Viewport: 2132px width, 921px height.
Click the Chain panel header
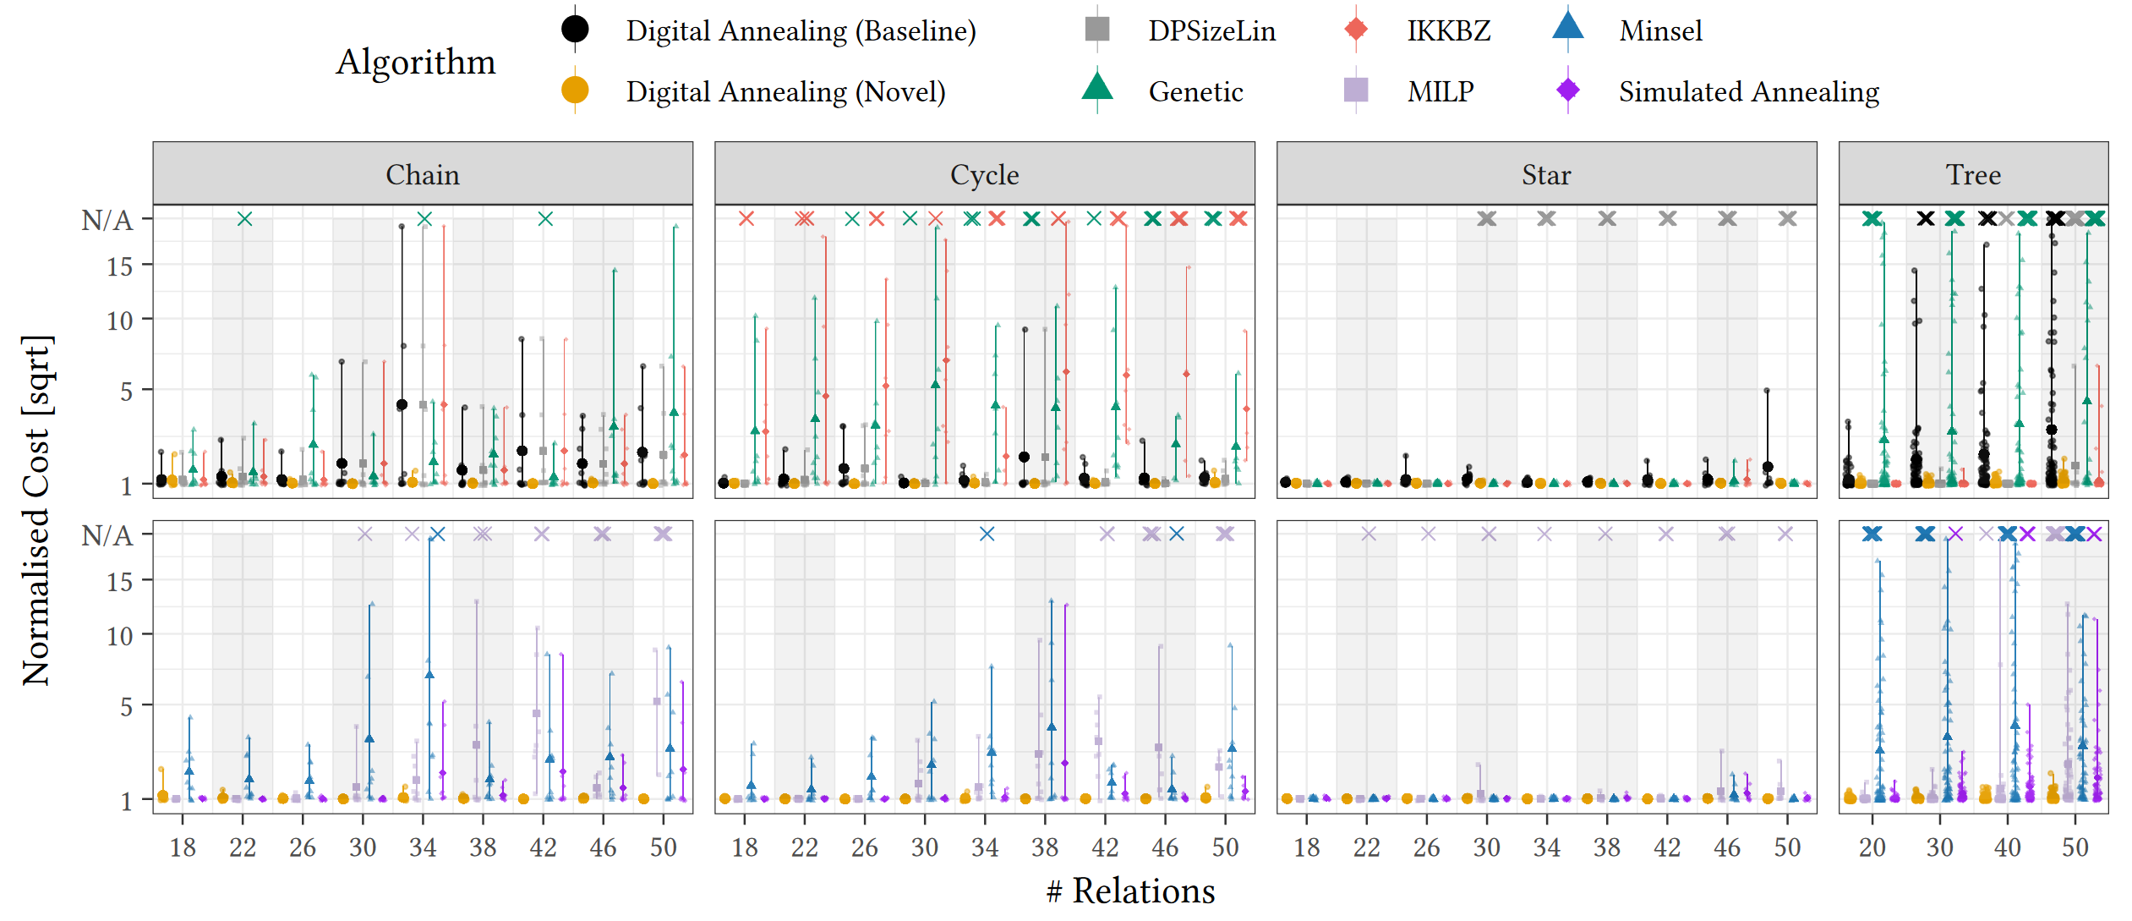[423, 174]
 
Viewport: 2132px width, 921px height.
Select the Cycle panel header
[984, 174]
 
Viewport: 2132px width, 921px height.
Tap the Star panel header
[1546, 174]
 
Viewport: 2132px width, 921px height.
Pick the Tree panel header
[1973, 174]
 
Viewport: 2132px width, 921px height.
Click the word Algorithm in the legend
[415, 62]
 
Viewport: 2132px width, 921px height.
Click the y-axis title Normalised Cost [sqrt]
[37, 510]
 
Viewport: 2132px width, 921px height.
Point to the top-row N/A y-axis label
[107, 220]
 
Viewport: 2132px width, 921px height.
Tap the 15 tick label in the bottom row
[119, 582]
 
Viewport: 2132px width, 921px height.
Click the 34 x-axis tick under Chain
[423, 847]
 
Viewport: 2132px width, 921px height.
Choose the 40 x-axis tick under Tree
[2007, 847]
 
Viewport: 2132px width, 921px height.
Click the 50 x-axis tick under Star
[1787, 847]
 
